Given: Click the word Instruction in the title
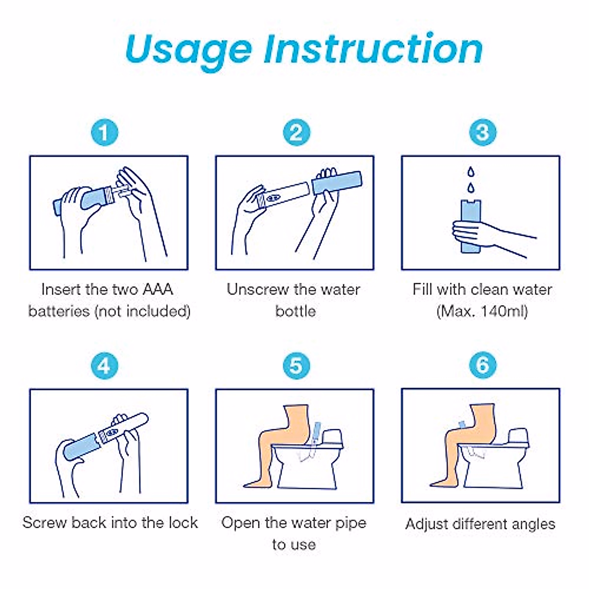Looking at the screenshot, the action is pos(373,48).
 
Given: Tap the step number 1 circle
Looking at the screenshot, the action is pos(105,133).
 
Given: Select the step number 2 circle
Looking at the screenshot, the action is pos(296,133).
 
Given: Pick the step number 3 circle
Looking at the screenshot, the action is pos(482,133).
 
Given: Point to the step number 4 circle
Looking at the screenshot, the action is pos(105,366).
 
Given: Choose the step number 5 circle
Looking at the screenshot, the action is pos(296,366).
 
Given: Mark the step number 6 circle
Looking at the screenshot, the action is pos(482,365).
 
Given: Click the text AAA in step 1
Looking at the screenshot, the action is pos(158,290).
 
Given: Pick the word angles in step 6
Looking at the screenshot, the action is pos(534,525).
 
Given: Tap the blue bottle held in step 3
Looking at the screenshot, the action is pos(471,226).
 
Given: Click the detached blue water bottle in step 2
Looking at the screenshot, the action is pos(337,183).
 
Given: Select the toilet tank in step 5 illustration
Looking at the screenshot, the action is pos(332,438).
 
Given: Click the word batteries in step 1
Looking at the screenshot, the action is pos(59,311).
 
